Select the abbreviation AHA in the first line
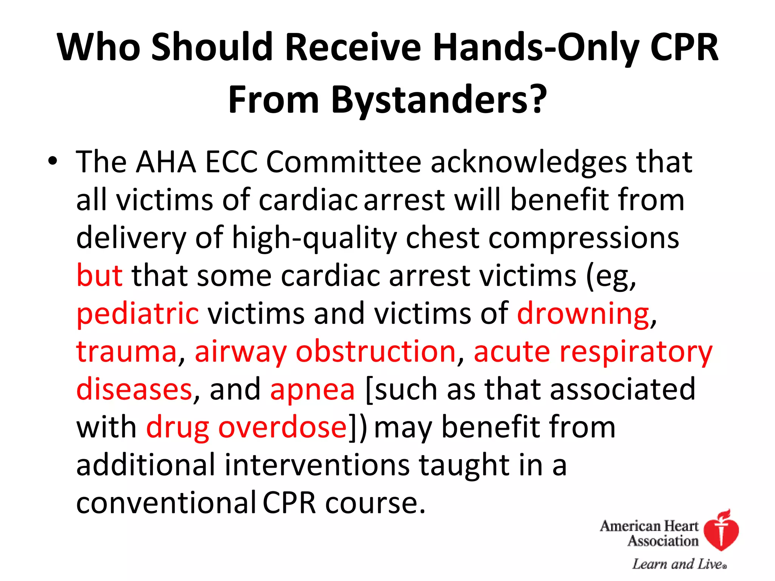[166, 162]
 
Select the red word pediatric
[137, 314]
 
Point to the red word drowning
[583, 314]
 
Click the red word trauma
[126, 352]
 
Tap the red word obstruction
[375, 352]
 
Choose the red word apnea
[313, 390]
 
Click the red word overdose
[282, 427]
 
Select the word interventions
[317, 465]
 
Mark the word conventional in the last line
[167, 503]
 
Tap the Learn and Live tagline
[679, 564]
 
